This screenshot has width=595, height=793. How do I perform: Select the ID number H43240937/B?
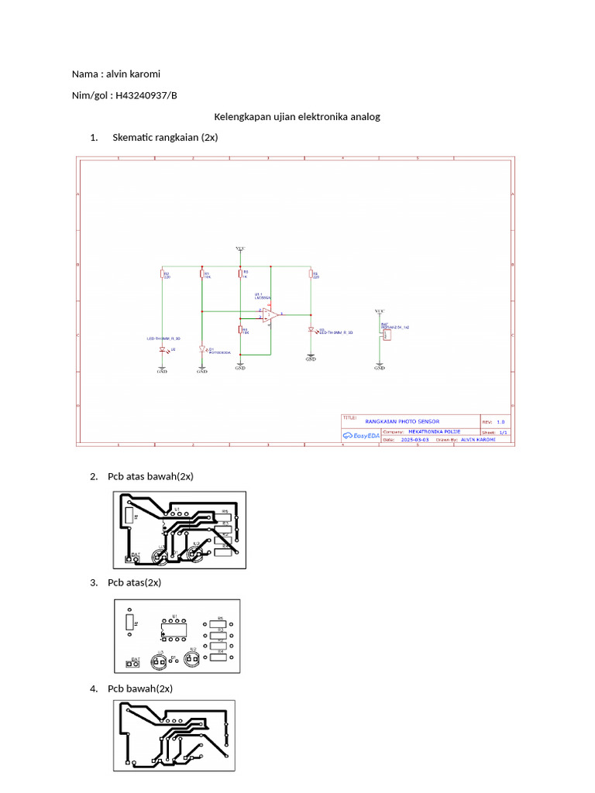pyautogui.click(x=146, y=95)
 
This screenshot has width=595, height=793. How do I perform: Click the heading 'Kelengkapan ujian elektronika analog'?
pyautogui.click(x=297, y=117)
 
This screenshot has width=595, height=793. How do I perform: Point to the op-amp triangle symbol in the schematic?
pyautogui.click(x=270, y=314)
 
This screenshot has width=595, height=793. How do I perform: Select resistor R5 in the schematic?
pyautogui.click(x=310, y=274)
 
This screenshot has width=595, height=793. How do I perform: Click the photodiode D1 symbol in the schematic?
pyautogui.click(x=201, y=349)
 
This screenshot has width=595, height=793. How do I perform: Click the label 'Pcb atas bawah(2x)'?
pyautogui.click(x=150, y=476)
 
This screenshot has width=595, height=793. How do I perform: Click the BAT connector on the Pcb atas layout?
pyautogui.click(x=130, y=664)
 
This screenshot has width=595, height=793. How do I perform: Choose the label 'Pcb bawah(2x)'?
pyautogui.click(x=139, y=688)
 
